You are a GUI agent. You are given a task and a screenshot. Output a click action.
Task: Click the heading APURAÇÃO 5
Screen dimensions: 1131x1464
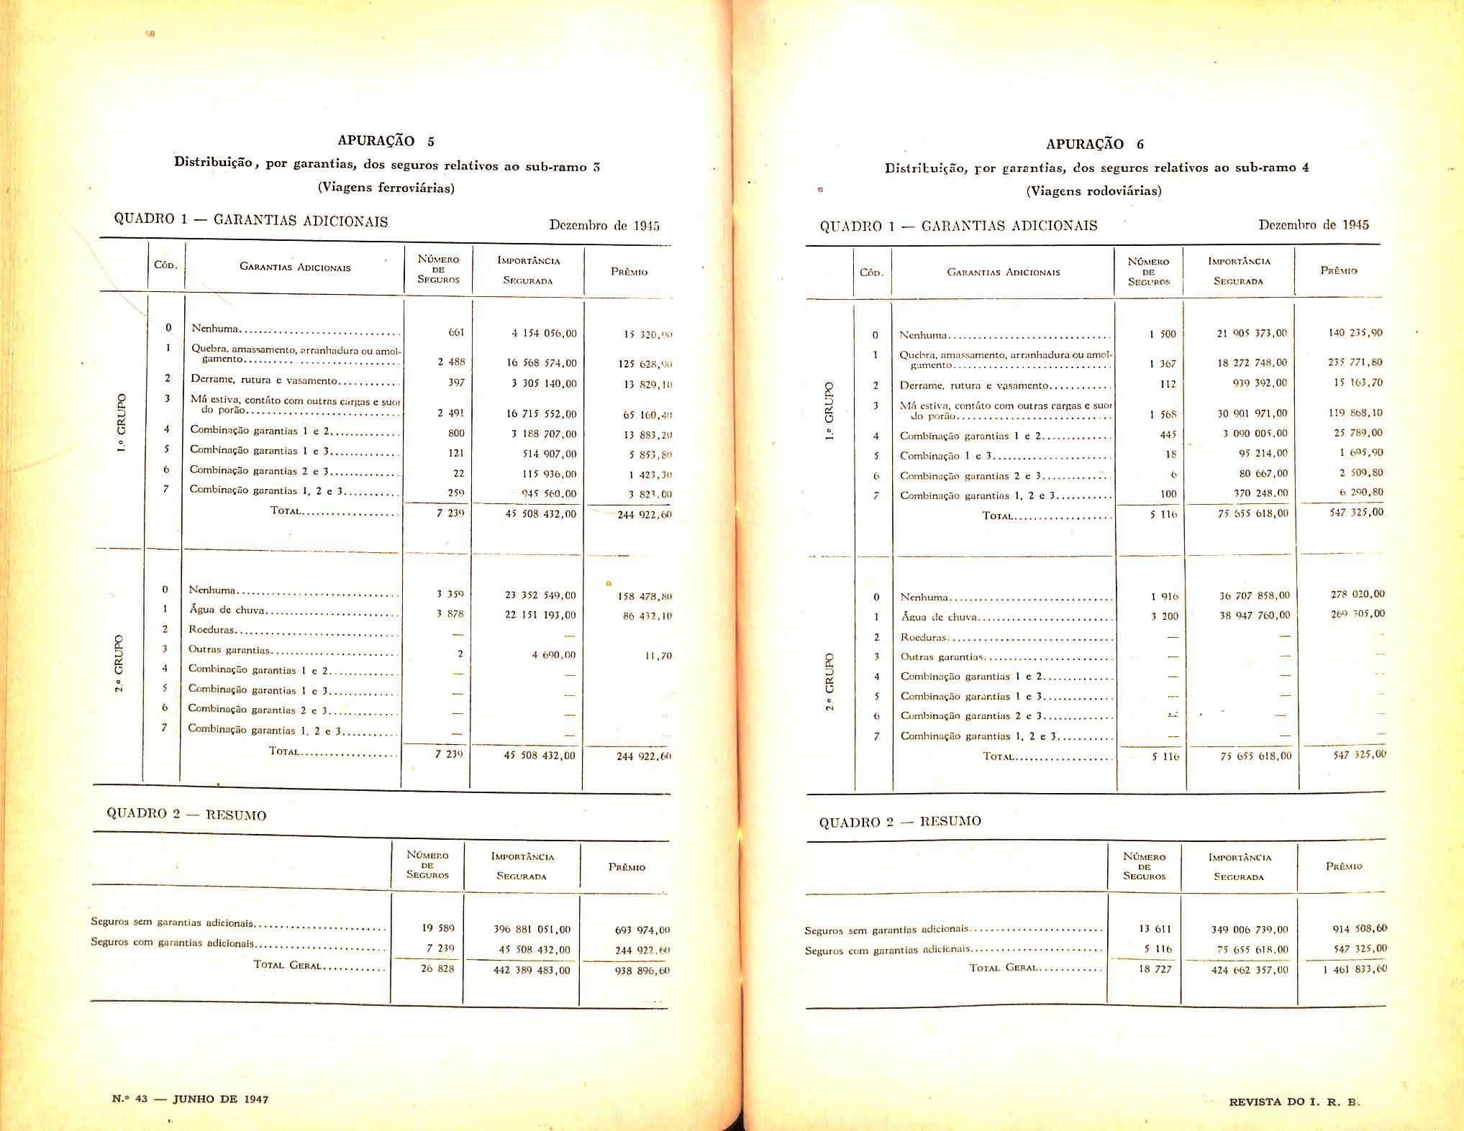[x=386, y=141]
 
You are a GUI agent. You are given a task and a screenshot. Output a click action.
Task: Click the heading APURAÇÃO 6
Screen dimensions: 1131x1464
[x=1094, y=144]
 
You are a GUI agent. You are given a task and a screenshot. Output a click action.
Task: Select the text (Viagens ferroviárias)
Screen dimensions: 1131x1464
[x=386, y=188]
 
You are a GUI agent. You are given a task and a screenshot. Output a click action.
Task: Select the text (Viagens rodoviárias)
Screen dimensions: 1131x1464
[x=1094, y=191]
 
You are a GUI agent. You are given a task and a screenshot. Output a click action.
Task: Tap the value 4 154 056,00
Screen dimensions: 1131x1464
[x=544, y=334]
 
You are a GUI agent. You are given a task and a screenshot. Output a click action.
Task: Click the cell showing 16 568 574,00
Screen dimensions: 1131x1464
[x=542, y=364]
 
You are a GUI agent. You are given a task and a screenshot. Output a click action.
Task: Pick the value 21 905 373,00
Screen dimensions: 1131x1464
[x=1252, y=334]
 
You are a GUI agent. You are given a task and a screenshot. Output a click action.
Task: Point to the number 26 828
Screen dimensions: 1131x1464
[x=437, y=969]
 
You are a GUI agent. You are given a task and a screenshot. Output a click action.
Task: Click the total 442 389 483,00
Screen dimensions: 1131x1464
[x=532, y=970]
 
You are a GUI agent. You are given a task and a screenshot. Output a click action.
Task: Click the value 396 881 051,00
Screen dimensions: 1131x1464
[x=532, y=930]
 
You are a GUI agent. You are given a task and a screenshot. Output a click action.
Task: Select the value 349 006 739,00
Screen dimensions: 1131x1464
[x=1250, y=930]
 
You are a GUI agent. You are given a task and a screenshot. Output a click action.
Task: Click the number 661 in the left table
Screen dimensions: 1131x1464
[x=456, y=332]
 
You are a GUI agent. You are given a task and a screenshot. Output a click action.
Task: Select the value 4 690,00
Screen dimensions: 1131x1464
[x=554, y=655]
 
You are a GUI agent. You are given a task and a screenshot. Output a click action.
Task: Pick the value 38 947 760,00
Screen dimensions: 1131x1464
[x=1255, y=615]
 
